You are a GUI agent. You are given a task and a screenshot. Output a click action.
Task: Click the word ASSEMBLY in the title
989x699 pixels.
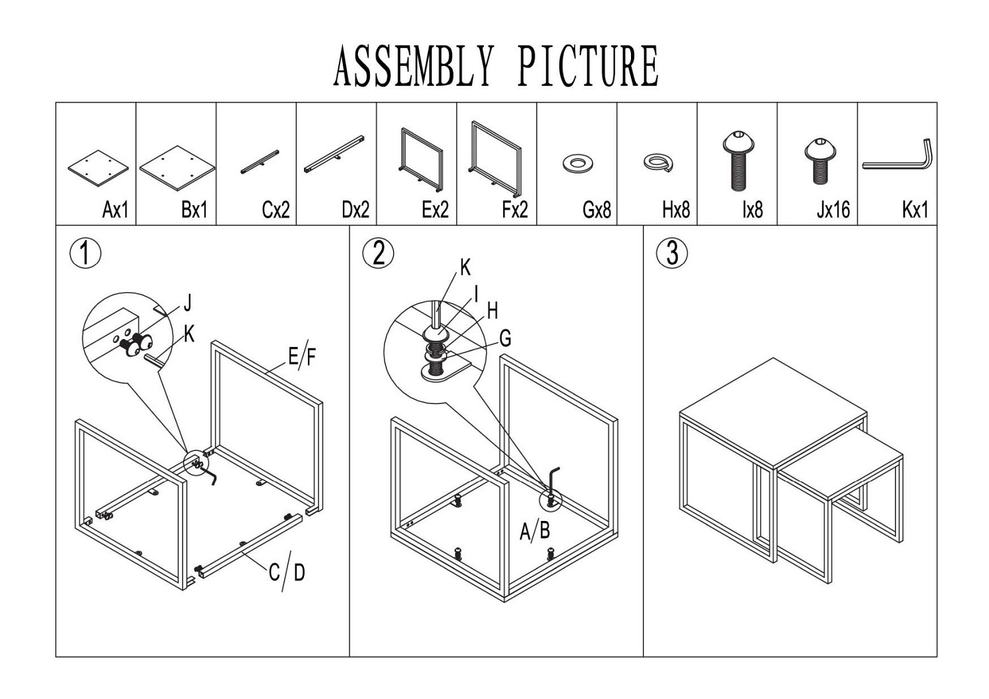click(x=413, y=66)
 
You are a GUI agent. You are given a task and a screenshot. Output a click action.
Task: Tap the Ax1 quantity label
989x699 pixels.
click(x=115, y=210)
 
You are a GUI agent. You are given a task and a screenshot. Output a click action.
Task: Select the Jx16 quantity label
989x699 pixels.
click(x=833, y=210)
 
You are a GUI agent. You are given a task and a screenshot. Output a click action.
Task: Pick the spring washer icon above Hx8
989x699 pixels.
click(x=657, y=162)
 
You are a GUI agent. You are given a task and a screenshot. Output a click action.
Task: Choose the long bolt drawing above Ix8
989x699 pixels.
click(x=738, y=160)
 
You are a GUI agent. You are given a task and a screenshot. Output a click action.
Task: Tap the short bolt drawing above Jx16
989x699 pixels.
click(x=820, y=159)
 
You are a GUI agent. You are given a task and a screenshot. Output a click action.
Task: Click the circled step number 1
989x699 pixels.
click(x=85, y=254)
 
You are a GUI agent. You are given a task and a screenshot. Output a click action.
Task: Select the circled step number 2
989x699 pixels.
click(x=378, y=253)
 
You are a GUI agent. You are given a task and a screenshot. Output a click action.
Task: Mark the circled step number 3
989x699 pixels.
click(x=672, y=253)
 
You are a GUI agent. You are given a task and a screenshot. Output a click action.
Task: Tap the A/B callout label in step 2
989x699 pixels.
click(x=535, y=530)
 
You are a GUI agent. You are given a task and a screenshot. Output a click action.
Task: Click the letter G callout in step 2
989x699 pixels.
click(x=505, y=338)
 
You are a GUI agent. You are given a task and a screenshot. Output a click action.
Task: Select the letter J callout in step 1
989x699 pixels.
click(x=187, y=303)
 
